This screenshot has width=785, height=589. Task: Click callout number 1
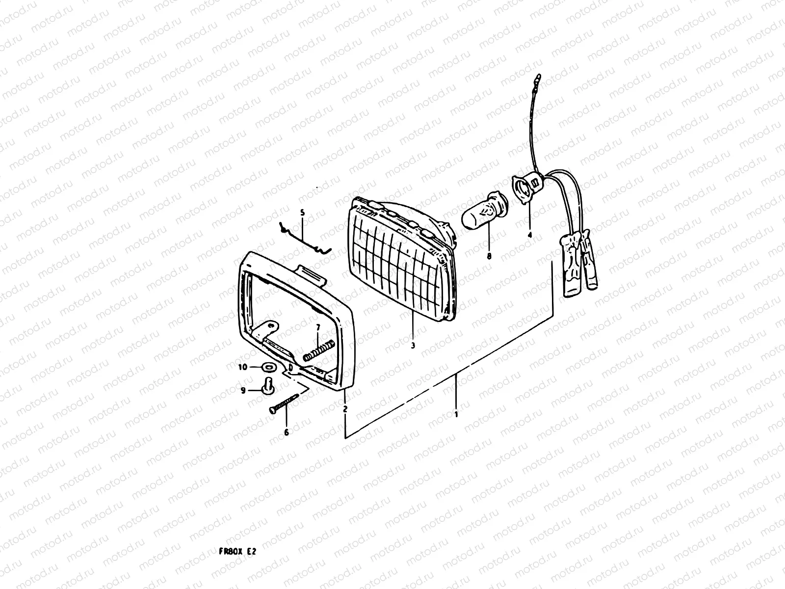point(456,414)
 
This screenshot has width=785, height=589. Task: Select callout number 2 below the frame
point(345,408)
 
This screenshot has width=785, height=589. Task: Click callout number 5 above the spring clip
point(302,213)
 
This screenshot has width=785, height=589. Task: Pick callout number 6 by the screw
point(286,432)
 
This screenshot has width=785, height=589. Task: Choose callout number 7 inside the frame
point(317,327)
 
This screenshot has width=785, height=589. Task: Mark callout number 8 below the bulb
point(489,256)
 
